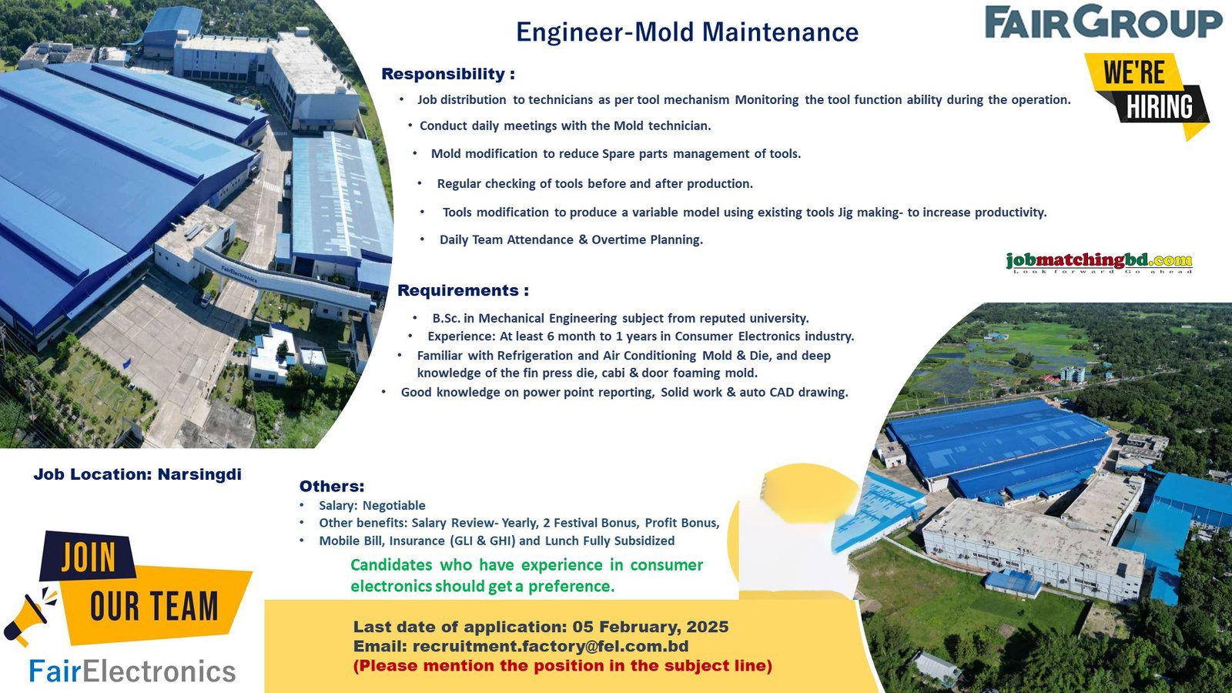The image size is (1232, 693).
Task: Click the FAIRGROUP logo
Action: (x=1103, y=22)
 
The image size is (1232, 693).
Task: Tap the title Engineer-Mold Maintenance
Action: (x=687, y=32)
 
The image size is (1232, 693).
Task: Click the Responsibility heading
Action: (x=448, y=74)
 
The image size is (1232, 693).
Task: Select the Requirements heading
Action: (x=463, y=290)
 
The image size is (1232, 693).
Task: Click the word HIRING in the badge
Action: (x=1160, y=107)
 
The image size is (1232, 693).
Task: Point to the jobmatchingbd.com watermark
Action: (x=1100, y=262)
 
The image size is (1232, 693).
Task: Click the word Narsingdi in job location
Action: (x=199, y=474)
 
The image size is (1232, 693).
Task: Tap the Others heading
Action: (x=332, y=486)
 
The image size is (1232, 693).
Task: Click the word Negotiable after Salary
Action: (x=393, y=505)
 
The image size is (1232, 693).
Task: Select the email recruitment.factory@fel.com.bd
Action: (x=551, y=646)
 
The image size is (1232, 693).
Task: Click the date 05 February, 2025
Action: (x=651, y=627)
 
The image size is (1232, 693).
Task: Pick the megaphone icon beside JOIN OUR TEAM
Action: (x=31, y=615)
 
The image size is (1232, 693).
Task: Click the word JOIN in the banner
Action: (x=89, y=557)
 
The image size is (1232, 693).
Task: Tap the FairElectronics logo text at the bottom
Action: (x=132, y=671)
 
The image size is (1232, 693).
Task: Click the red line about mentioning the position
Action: (x=563, y=665)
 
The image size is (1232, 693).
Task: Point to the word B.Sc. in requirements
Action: (x=446, y=318)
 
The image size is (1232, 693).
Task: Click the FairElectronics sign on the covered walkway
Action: (x=239, y=273)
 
